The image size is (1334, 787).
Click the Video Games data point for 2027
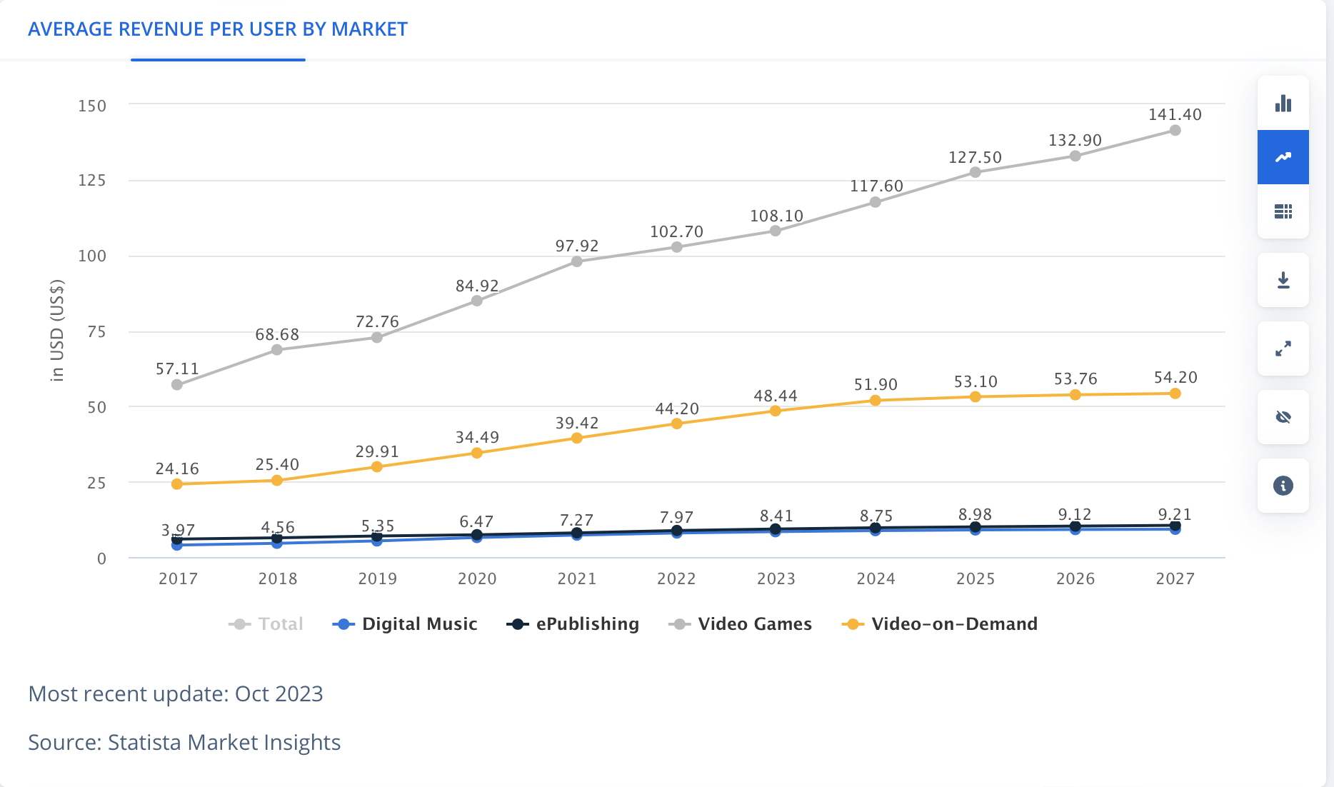1175,130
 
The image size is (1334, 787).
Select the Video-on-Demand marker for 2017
177,484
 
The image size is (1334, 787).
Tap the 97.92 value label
576,246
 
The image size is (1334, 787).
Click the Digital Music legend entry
406,624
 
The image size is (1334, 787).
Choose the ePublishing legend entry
573,624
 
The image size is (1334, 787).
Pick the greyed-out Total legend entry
266,624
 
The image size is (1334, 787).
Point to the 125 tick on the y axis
92,181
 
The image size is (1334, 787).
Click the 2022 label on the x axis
676,578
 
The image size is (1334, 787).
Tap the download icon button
1283,280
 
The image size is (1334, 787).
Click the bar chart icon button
1283,104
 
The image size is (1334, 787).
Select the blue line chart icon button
1283,157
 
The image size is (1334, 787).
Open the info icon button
1283,486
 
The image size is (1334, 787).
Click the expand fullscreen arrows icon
1283,349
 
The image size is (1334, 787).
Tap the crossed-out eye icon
1283,417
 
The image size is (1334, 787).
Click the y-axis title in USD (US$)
57,330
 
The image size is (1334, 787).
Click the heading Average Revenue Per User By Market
218,29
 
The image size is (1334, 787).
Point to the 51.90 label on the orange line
876,385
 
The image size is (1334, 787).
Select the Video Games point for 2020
476,301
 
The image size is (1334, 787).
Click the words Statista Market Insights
224,743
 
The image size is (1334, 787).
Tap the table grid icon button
1283,211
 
